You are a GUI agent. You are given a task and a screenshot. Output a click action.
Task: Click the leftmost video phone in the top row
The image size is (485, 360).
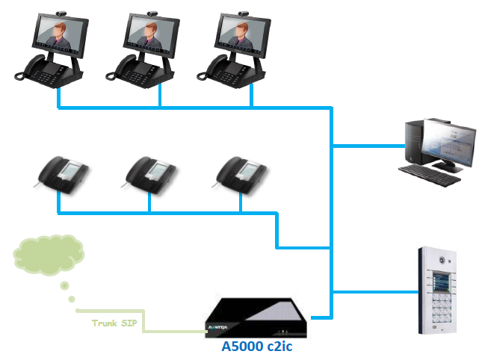pos(56,49)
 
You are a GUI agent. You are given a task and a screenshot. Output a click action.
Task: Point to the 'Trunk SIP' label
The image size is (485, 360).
pos(114,323)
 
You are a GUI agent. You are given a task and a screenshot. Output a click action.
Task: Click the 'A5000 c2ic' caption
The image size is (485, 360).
pos(253,347)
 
